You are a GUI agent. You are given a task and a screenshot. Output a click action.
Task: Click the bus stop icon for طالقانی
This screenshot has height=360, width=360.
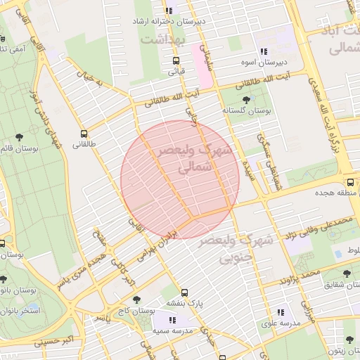(x=85, y=134)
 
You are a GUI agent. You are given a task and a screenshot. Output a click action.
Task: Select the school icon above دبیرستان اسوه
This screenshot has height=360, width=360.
(x=263, y=51)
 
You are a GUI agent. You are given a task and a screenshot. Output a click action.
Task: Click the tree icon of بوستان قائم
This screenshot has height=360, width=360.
(x=18, y=137)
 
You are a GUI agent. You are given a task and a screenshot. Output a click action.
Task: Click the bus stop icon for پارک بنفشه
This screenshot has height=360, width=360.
(x=185, y=292)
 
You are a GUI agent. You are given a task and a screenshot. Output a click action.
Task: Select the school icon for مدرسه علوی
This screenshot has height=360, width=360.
(x=281, y=312)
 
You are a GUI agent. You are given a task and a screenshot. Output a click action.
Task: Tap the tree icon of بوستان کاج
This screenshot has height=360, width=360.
(x=136, y=300)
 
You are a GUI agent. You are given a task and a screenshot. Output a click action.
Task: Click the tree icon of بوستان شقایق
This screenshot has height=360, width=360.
(x=347, y=274)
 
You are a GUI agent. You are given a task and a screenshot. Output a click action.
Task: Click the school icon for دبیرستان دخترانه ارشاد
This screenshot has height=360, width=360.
(x=168, y=11)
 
